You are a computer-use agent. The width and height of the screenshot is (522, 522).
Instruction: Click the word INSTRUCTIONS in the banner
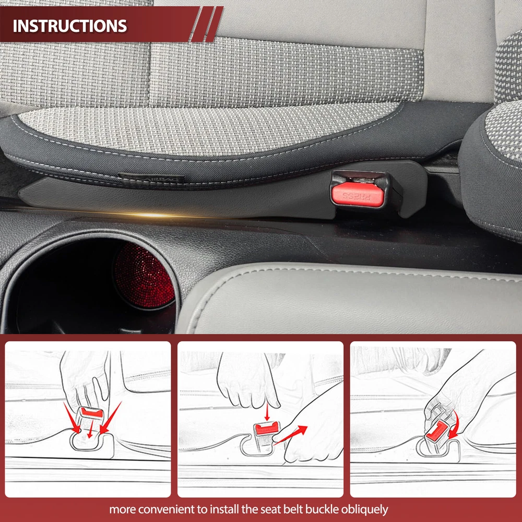[x=70, y=26]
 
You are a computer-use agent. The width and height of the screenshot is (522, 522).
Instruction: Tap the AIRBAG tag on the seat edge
[x=152, y=179]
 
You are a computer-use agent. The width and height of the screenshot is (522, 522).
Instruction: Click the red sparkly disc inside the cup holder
[x=144, y=275]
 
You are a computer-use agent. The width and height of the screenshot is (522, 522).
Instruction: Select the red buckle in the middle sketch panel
[x=266, y=428]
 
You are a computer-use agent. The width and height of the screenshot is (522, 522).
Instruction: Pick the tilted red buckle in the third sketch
[x=437, y=432]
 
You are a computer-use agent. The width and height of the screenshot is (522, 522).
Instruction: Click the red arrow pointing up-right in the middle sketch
[x=290, y=434]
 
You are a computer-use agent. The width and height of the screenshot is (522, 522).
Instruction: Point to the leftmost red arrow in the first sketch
[x=72, y=418]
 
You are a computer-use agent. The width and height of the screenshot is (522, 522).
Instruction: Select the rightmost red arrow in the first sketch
[x=111, y=418]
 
